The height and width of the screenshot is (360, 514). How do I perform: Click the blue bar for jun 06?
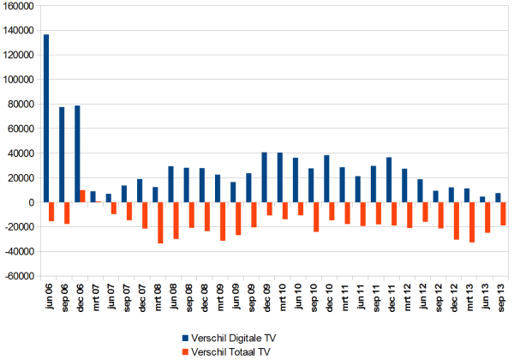(46, 118)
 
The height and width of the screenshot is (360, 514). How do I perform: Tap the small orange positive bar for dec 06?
(82, 196)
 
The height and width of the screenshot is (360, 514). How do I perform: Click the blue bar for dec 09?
(264, 177)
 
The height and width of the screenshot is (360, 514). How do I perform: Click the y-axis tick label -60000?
(18, 277)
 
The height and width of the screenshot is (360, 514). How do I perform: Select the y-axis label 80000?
(21, 105)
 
